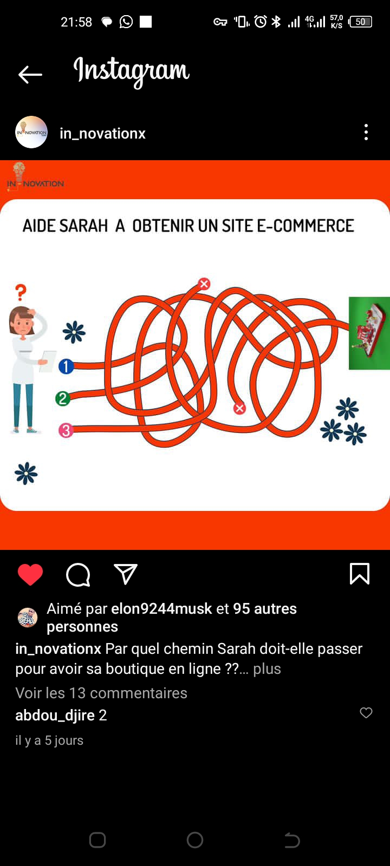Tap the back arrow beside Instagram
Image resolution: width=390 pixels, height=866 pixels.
click(x=30, y=75)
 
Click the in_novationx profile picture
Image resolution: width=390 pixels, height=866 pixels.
click(x=31, y=132)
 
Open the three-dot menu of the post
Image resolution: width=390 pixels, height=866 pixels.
click(x=366, y=132)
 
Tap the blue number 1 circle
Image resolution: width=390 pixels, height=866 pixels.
click(x=66, y=366)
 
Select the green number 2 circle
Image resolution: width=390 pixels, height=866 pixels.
click(x=63, y=398)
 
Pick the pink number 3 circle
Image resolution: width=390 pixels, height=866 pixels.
click(x=66, y=430)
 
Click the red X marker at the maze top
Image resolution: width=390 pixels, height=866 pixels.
click(x=204, y=284)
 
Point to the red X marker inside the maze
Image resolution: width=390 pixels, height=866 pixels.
click(x=239, y=408)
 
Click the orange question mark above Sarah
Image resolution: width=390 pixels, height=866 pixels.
click(x=21, y=292)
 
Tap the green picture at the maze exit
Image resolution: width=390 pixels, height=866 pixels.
click(x=369, y=333)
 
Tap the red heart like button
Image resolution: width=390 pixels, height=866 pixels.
click(x=30, y=574)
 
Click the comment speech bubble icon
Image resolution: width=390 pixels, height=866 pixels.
click(x=78, y=574)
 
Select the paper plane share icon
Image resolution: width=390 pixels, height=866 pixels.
click(x=125, y=574)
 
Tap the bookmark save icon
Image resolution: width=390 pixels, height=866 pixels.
click(x=360, y=573)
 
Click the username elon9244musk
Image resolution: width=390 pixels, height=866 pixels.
click(x=162, y=608)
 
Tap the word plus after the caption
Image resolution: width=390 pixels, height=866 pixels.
click(x=267, y=668)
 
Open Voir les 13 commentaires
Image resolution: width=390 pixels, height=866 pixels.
click(x=101, y=693)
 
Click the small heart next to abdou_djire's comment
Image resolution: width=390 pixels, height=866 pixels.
click(x=366, y=712)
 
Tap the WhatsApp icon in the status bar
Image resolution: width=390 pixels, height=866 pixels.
click(x=126, y=22)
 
